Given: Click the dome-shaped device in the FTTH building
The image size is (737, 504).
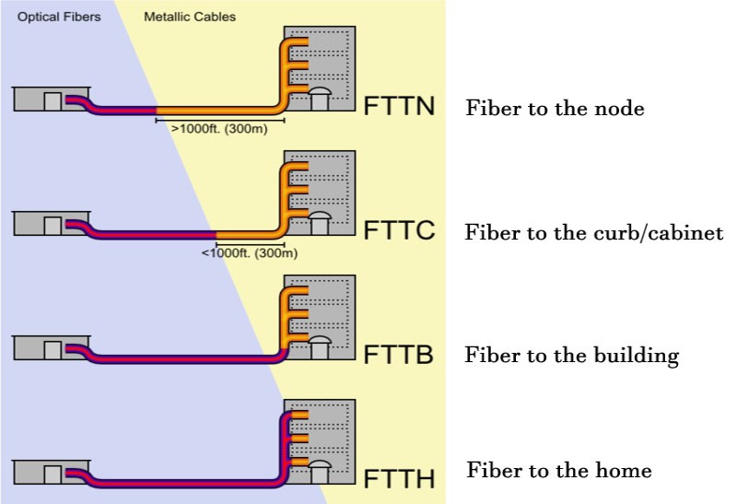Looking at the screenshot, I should point(320,469).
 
